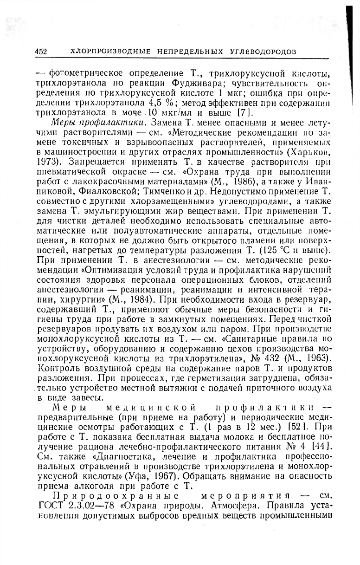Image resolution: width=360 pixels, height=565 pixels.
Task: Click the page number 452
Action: (41, 52)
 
